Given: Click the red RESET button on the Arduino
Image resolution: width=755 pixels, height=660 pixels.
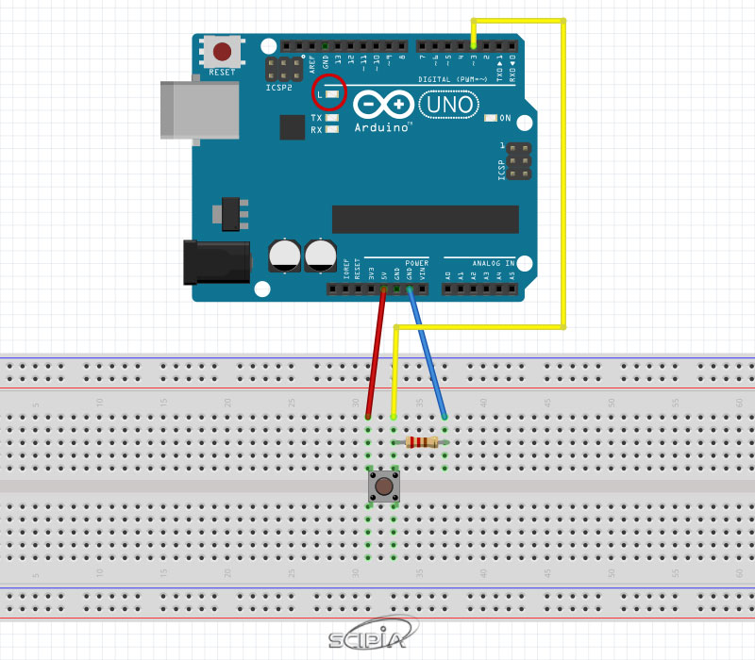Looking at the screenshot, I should click(223, 51).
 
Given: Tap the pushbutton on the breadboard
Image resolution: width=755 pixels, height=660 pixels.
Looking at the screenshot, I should click(384, 487).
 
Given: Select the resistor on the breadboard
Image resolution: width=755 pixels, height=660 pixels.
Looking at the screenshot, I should click(421, 442).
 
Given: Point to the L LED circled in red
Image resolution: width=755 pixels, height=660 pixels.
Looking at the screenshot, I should click(331, 94).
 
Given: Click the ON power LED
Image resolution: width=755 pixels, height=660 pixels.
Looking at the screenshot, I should click(490, 119).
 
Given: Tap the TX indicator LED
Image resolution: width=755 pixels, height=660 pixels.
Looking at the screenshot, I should click(331, 118).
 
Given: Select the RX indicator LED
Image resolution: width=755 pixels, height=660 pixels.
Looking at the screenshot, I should click(331, 129).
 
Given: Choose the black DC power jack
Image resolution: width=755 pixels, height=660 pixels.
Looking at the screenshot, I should click(215, 261).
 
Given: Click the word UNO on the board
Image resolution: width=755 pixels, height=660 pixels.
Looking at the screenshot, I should click(448, 105).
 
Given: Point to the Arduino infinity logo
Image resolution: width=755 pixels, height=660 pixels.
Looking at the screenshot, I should click(383, 104).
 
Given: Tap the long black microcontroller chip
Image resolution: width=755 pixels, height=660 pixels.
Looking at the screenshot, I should click(425, 219).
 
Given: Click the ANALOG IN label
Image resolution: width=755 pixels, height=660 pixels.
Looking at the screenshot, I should click(493, 263).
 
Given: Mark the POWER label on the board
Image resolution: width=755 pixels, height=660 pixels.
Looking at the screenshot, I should click(416, 263).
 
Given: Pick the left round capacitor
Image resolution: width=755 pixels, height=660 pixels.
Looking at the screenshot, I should click(284, 255).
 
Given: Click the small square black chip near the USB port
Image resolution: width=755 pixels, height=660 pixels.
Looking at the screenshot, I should click(292, 127).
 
